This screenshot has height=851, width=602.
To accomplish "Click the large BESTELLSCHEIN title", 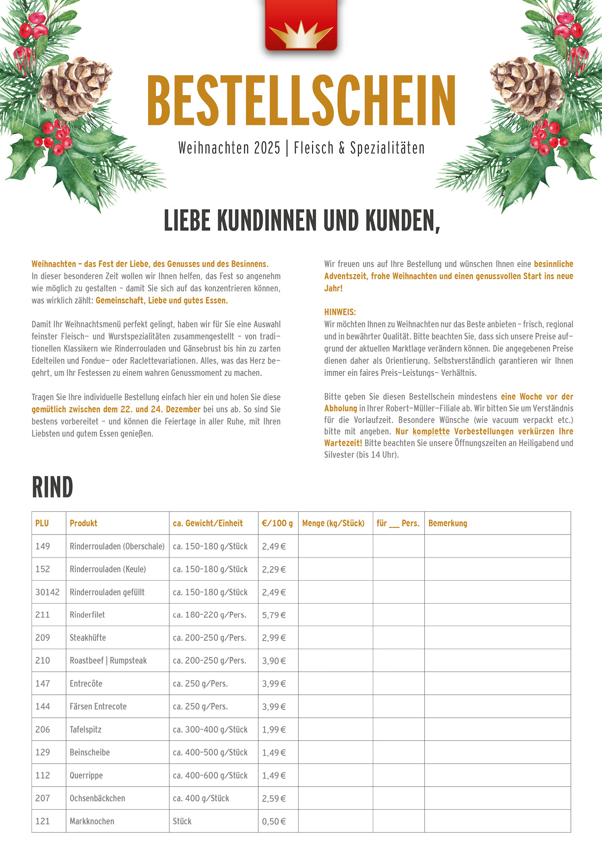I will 301,100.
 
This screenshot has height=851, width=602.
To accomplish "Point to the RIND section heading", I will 52,488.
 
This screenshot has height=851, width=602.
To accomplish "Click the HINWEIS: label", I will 340,312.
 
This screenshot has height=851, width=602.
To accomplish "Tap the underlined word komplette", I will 431,431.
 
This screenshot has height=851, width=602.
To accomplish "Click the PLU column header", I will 42,523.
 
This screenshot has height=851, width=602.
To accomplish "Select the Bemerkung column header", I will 448,523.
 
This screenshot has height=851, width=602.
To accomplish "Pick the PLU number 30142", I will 48,592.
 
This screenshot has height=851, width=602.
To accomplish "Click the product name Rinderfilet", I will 87,615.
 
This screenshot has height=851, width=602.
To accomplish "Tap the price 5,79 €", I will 274,615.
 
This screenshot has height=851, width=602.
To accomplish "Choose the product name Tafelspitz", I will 85,730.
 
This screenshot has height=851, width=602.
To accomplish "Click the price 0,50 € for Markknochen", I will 274,821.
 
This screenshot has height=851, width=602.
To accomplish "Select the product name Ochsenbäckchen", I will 98,798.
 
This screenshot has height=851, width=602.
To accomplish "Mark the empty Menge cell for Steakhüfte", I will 335,638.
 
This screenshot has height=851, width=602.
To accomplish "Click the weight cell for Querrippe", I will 210,775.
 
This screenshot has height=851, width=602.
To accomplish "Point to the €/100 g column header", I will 277,523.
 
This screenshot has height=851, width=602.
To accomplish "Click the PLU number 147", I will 43,684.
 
